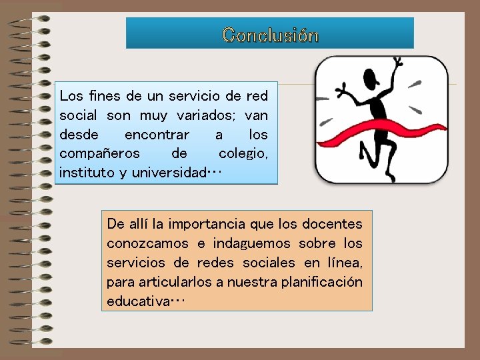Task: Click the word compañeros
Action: [x=99, y=153]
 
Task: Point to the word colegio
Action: [x=243, y=153]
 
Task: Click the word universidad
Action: [x=169, y=173]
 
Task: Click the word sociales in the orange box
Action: [x=270, y=262]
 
